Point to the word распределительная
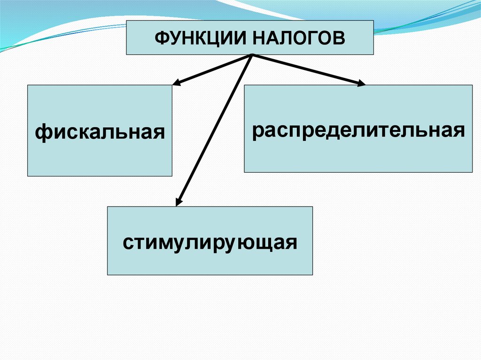[358, 131]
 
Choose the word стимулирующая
[210, 243]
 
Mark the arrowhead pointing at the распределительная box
[361, 84]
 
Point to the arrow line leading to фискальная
[214, 69]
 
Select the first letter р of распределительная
[258, 132]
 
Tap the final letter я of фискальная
[159, 132]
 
